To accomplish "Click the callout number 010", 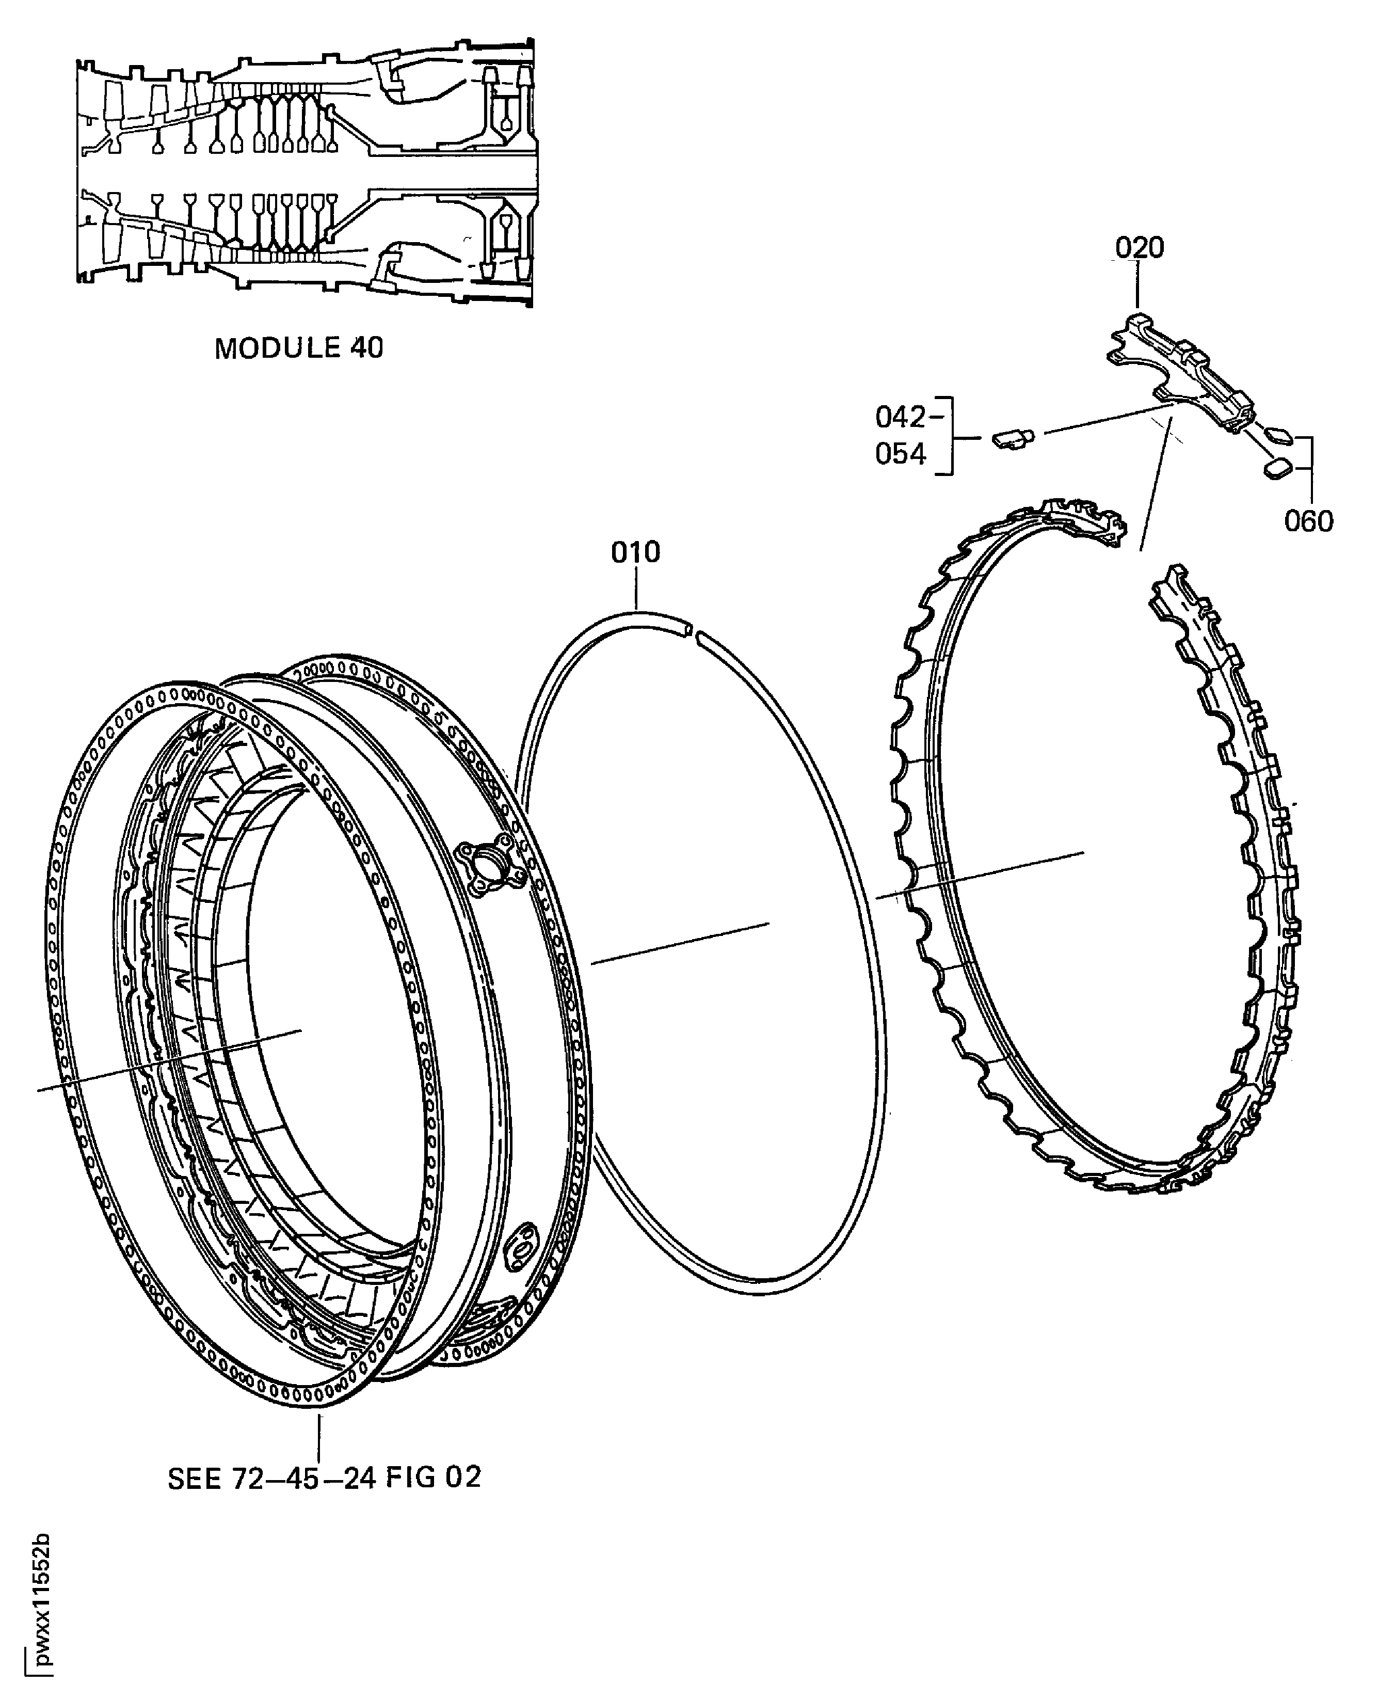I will [635, 552].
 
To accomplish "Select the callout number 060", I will [1308, 521].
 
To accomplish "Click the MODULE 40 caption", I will [299, 348].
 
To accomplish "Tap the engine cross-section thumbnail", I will [305, 172].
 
